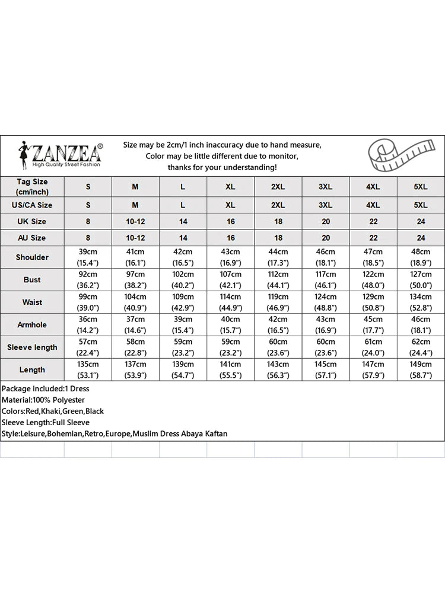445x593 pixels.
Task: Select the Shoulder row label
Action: (x=32, y=257)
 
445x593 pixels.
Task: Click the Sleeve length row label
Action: (x=32, y=347)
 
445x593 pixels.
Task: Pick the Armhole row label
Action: (x=32, y=325)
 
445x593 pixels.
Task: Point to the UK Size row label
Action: (x=32, y=222)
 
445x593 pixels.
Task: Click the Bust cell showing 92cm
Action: (x=88, y=280)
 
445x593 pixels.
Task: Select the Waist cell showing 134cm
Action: (x=421, y=302)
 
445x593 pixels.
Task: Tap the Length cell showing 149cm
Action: (x=421, y=370)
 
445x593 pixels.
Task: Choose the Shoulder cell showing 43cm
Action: (x=230, y=257)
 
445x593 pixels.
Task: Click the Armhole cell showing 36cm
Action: (x=88, y=325)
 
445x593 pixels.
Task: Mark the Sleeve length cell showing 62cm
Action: (x=421, y=347)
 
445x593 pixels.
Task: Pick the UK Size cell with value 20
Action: (x=326, y=222)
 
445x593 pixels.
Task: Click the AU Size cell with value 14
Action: (x=183, y=238)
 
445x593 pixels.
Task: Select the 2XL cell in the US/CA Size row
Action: (x=278, y=205)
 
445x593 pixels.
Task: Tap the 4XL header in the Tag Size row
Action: (x=373, y=187)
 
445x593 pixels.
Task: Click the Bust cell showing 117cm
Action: (x=326, y=280)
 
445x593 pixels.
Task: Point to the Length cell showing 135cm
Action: (x=88, y=370)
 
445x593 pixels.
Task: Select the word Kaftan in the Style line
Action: (x=214, y=433)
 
